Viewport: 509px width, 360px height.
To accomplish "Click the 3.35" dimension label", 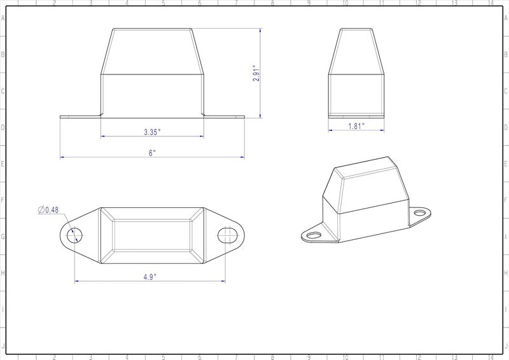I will click(x=152, y=132).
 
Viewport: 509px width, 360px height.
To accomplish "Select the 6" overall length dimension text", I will click(x=152, y=153).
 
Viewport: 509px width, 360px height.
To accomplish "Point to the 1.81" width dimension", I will click(x=356, y=127).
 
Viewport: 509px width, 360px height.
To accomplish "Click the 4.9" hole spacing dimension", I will click(x=150, y=276).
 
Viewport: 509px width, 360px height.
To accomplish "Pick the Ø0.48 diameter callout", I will click(x=48, y=210).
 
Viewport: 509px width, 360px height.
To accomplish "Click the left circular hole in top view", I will click(x=74, y=235).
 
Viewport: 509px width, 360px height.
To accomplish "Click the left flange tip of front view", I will click(x=62, y=116).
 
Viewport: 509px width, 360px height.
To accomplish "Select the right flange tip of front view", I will click(x=243, y=116).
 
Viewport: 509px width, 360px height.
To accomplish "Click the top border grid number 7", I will click(x=236, y=3).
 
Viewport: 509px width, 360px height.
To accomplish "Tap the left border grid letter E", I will click(x=3, y=164).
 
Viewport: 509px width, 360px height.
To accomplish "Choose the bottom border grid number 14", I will click(x=490, y=357).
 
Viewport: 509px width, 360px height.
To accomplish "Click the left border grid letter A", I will click(x=3, y=18).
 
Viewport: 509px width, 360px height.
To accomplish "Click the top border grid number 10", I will click(x=345, y=3).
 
